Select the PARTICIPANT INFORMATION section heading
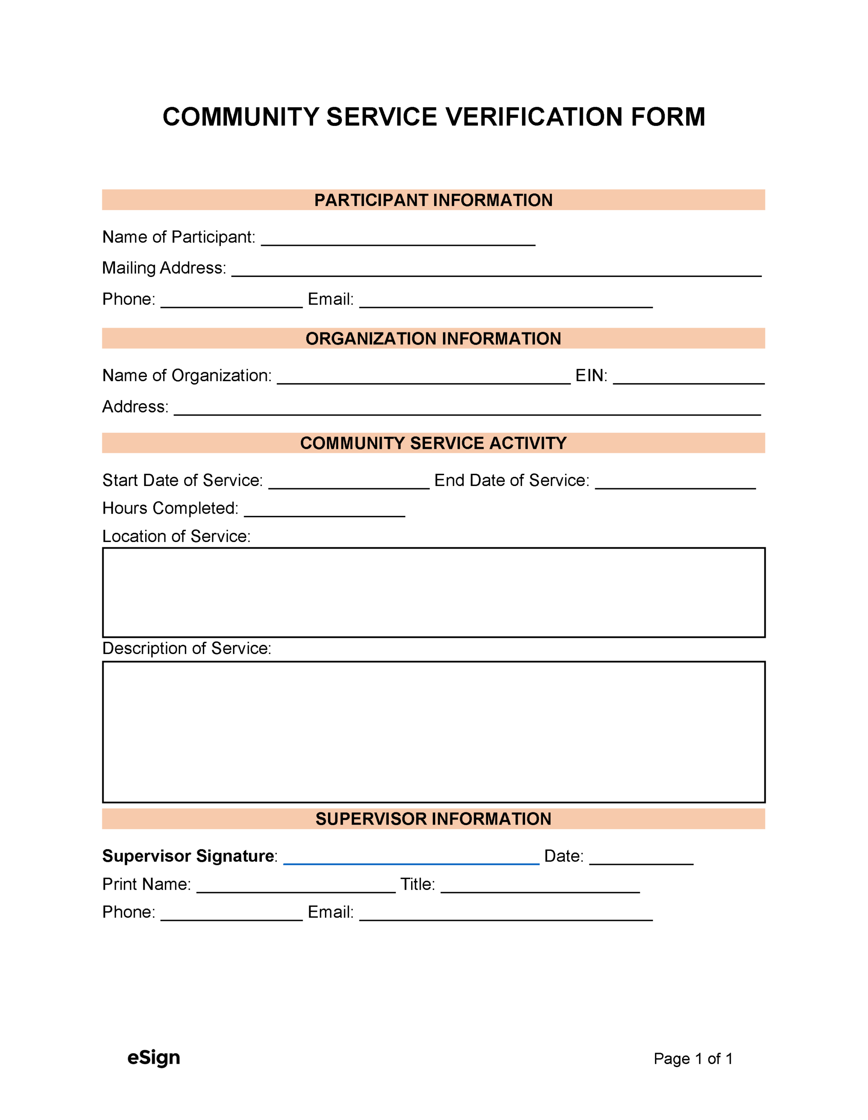point(433,200)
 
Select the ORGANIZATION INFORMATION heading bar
point(433,339)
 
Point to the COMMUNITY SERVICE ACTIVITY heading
point(433,443)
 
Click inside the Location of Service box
point(433,592)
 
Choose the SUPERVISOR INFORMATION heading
point(433,819)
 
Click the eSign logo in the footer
point(154,1057)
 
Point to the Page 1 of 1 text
point(693,1058)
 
